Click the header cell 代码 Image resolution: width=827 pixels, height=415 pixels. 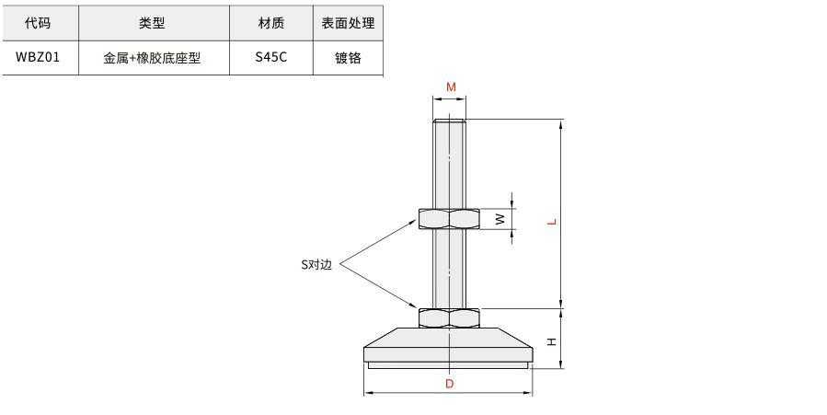click(x=38, y=23)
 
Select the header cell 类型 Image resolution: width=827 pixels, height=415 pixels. click(x=152, y=23)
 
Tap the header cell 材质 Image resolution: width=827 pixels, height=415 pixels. click(x=271, y=23)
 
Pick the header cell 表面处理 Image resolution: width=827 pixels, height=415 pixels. click(x=348, y=23)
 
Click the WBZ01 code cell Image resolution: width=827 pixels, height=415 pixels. click(x=38, y=57)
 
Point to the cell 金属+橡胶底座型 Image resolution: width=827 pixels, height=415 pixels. click(x=152, y=58)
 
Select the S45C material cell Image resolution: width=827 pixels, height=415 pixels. click(x=271, y=57)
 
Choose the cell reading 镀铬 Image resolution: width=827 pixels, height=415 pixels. click(x=348, y=58)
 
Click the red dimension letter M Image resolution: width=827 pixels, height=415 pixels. click(x=451, y=87)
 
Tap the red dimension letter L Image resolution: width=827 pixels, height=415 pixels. click(x=552, y=222)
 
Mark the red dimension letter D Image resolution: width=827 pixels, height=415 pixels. click(x=449, y=384)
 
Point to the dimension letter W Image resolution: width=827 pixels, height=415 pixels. click(x=500, y=219)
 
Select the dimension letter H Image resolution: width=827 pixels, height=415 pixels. click(x=552, y=342)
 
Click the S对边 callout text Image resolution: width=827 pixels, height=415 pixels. click(x=316, y=265)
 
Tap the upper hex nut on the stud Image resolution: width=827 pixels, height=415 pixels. click(x=449, y=219)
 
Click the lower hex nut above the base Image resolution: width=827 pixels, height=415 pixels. click(x=449, y=318)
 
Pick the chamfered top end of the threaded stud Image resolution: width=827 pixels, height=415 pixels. click(x=449, y=121)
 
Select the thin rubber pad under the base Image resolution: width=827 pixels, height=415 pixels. click(x=448, y=365)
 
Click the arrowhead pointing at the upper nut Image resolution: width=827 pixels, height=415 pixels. click(x=414, y=224)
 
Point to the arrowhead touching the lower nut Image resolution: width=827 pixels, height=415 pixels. click(x=414, y=305)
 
